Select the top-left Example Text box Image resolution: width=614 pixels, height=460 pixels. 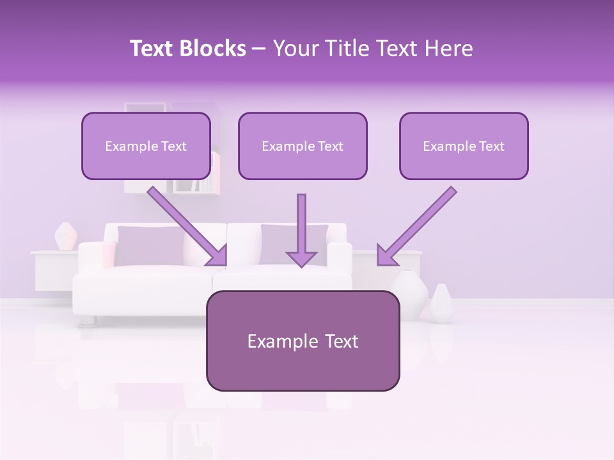pyautogui.click(x=146, y=146)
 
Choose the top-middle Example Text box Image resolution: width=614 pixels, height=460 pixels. pyautogui.click(x=303, y=146)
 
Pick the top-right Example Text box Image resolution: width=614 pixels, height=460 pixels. pyautogui.click(x=464, y=146)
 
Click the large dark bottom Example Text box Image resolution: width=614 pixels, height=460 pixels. pyautogui.click(x=303, y=341)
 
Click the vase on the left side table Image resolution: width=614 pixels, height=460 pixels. pyautogui.click(x=65, y=236)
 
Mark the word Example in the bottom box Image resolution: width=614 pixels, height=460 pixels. pyautogui.click(x=274, y=341)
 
